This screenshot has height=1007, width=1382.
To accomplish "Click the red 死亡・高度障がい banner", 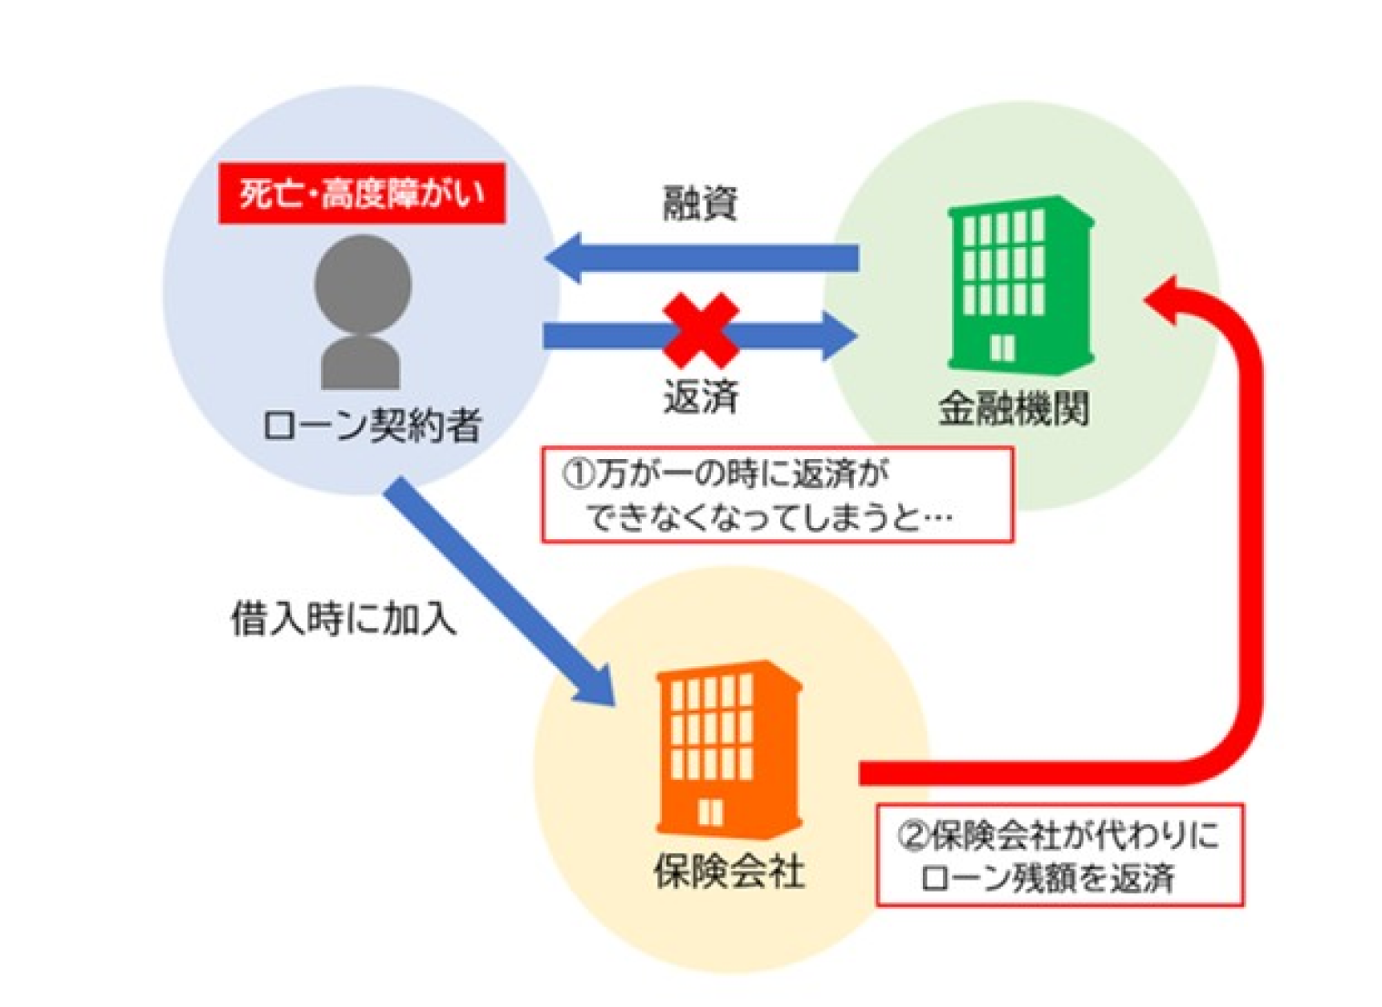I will (361, 193).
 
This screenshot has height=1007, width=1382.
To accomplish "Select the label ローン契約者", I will (371, 424).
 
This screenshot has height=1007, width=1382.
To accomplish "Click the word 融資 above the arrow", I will (699, 203).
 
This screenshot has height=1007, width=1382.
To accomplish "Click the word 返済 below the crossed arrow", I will (700, 396).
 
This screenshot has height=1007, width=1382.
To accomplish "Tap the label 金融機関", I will (1013, 408).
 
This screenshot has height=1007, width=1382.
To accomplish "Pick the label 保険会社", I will (728, 872).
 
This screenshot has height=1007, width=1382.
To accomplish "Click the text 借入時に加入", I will (343, 619).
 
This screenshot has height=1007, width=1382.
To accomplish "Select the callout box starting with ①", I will (776, 495).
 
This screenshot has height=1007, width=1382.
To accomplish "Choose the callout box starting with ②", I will (1058, 855).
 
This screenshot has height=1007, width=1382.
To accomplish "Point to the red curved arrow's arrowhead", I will (1167, 299).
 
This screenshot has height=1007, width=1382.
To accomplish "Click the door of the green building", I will (1002, 348).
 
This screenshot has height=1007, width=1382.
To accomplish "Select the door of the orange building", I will (710, 812).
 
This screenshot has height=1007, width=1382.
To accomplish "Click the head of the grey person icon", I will (363, 283).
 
